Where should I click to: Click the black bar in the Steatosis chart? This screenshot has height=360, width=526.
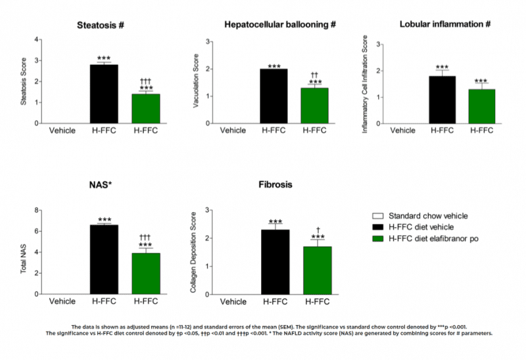pos(104,93)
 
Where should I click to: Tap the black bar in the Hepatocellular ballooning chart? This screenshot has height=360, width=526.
pos(274,96)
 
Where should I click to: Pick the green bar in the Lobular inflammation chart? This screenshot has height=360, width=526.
pos(481,106)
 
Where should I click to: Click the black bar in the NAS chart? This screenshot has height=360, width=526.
pos(104,259)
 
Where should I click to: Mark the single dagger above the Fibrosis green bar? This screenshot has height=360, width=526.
pos(318,230)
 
